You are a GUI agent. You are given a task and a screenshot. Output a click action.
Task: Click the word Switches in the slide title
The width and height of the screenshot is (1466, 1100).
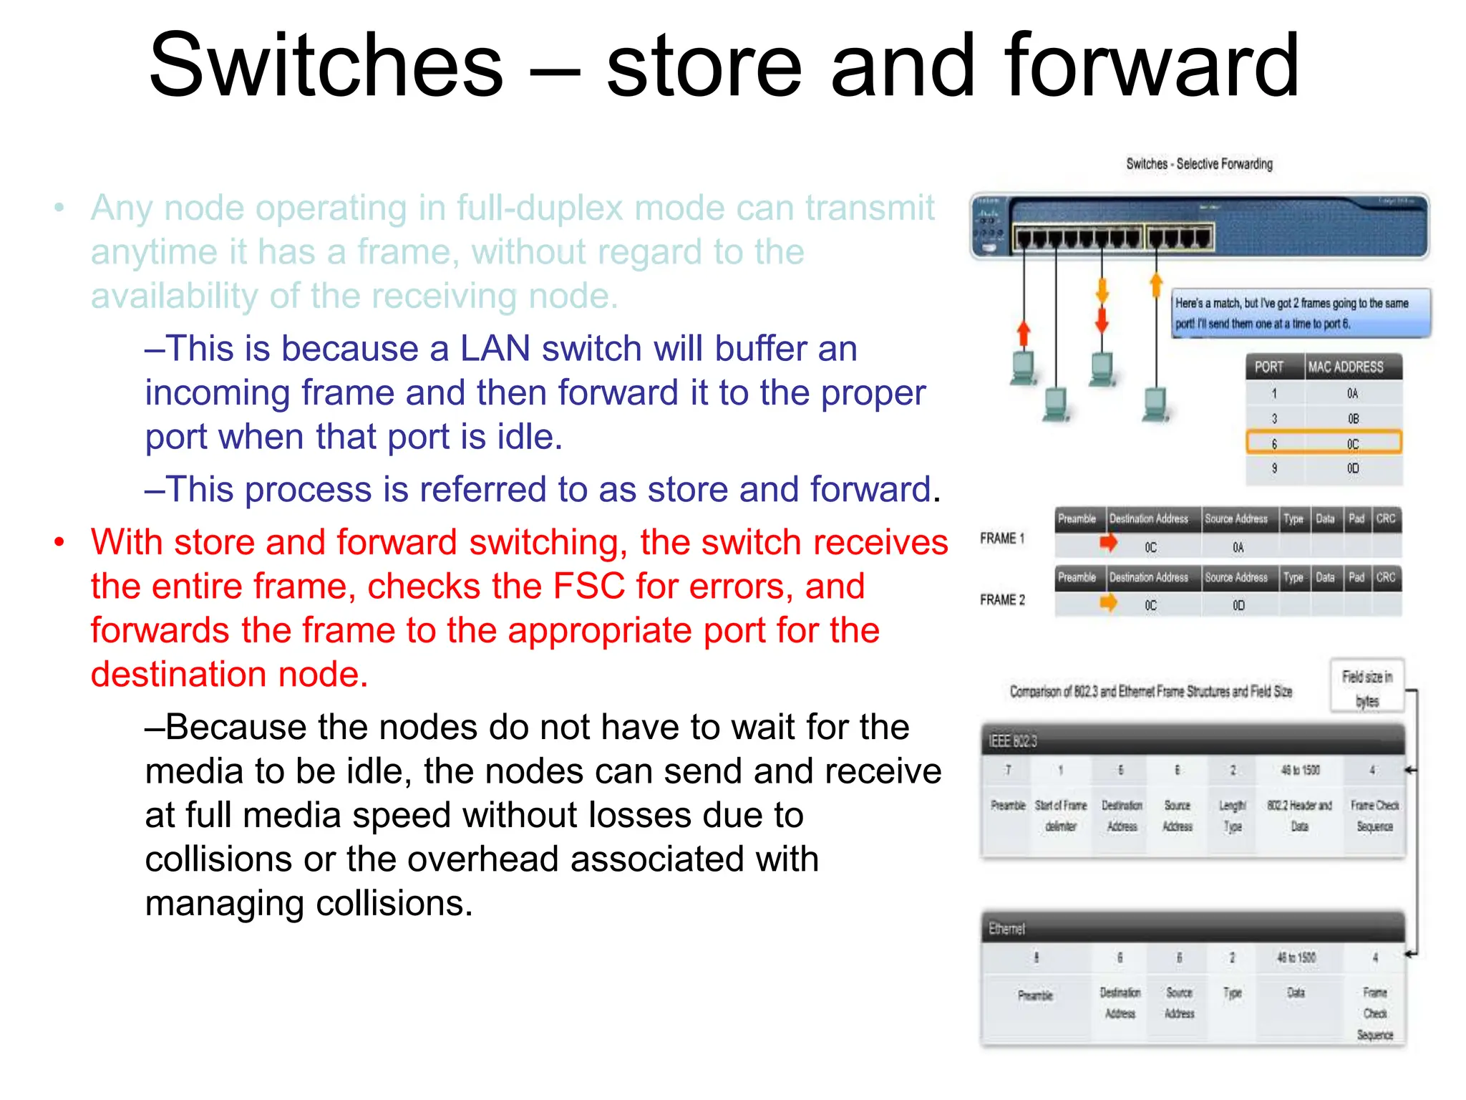[x=326, y=66]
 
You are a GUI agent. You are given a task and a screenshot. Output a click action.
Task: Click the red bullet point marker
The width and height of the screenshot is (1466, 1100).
[x=60, y=542]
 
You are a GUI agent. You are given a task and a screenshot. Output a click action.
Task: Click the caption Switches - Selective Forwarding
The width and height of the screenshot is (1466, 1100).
[x=1199, y=164]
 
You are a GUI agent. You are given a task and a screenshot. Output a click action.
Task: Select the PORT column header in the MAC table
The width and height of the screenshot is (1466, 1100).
[x=1269, y=367]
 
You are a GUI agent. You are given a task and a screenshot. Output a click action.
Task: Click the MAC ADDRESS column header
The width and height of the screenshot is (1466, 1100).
[x=1346, y=367]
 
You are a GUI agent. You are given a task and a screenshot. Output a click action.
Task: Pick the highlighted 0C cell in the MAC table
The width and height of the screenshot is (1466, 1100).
[x=1352, y=444]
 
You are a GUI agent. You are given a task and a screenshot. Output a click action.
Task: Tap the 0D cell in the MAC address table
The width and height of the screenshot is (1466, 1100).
[x=1352, y=468]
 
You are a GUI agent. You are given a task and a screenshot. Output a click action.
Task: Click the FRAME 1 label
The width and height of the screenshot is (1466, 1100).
[x=1002, y=539]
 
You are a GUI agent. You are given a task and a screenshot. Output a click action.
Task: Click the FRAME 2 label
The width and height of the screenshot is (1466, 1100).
[x=1002, y=600]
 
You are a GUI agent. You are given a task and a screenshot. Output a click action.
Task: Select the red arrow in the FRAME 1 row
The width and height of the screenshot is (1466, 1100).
[x=1108, y=544]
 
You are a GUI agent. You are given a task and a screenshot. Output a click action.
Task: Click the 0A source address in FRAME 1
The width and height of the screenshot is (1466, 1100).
[x=1238, y=548]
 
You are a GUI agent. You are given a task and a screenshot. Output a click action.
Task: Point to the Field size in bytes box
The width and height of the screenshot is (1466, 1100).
[x=1367, y=687]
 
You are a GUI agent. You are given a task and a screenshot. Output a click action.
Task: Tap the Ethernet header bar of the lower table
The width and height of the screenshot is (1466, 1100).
[x=1192, y=929]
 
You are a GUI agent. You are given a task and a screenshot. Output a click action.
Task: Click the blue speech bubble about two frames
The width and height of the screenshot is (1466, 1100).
[x=1300, y=314]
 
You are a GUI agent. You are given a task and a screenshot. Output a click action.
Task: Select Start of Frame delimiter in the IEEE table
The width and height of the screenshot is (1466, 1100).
[x=1060, y=816]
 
